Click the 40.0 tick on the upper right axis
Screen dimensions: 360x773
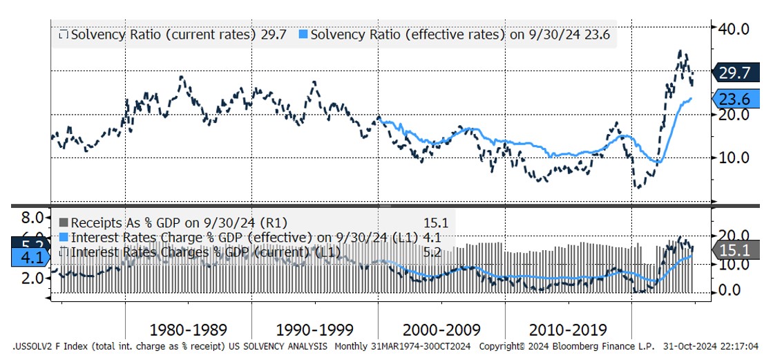coord(734,28)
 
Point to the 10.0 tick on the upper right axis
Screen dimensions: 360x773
coord(734,157)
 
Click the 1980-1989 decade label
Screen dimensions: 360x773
coord(188,330)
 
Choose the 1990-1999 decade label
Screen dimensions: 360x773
coord(314,330)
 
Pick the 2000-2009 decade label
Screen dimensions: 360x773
coord(441,330)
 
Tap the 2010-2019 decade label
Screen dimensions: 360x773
coord(567,330)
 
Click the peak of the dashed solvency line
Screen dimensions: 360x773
coord(680,51)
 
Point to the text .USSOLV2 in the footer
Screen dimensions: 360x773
coord(35,345)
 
